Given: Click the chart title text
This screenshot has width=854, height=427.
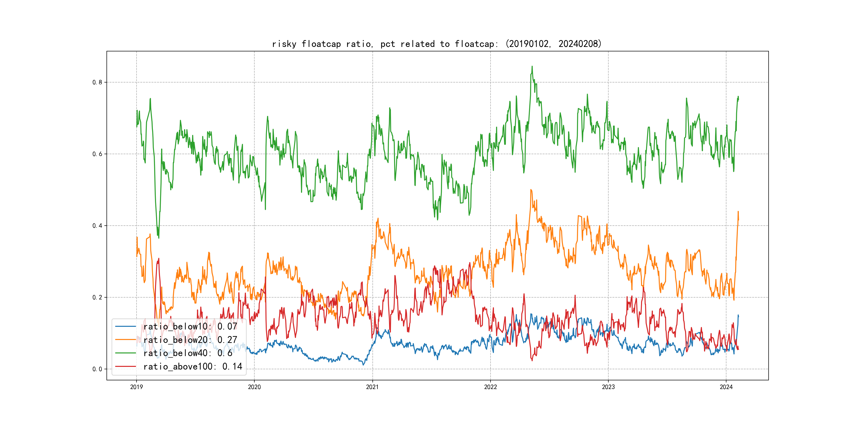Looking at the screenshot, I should pos(436,44).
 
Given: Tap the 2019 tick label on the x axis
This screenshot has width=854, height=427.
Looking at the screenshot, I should pos(136,387).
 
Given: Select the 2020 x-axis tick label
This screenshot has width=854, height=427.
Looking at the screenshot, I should pos(254,387).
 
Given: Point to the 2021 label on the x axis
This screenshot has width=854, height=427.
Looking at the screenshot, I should pos(372,387).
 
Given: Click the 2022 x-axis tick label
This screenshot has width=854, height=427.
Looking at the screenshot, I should pos(490,387).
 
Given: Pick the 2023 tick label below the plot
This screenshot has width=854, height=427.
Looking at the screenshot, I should pos(608,387).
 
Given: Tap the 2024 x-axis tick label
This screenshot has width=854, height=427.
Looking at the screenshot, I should pos(726,387).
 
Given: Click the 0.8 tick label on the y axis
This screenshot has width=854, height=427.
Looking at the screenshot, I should pos(97,82).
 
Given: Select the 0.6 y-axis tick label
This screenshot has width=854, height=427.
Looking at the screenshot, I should pos(97,154).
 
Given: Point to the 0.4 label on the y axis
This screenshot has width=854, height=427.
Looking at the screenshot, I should pos(97,226).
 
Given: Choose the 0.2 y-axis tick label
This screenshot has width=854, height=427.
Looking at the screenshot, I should pos(97,297).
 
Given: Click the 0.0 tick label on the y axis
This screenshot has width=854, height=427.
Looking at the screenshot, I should pos(97,369).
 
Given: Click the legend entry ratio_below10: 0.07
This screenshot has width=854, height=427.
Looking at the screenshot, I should pos(190,327).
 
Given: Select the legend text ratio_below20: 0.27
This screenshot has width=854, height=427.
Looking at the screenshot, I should pos(190,340).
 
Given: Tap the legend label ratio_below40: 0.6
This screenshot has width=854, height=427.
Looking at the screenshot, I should pos(188,353).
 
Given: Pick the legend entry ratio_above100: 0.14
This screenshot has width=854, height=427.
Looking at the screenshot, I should pos(193,366).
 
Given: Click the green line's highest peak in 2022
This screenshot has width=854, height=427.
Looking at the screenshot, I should pos(532,66).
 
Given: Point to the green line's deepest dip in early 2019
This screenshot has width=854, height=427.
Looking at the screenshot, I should pos(158,238).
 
